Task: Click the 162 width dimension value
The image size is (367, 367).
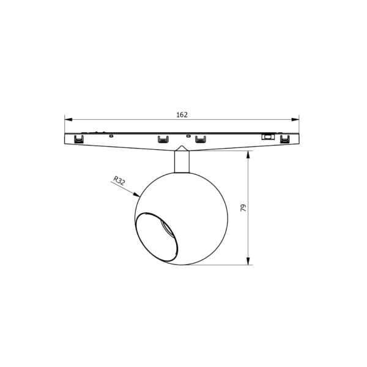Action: [x=182, y=114]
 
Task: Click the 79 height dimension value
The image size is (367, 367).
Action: [x=243, y=208]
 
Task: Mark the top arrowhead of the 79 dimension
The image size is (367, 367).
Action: [x=250, y=154]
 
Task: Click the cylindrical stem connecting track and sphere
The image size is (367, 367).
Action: [x=182, y=162]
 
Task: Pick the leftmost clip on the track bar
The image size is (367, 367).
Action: [x=78, y=139]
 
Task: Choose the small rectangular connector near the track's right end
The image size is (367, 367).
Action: [x=267, y=136]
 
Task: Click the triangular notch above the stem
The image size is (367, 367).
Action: [x=182, y=148]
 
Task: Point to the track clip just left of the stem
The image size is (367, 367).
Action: [x=163, y=139]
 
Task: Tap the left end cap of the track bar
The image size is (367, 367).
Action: [x=66, y=137]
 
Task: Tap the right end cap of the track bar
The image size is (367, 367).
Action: [x=298, y=137]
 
